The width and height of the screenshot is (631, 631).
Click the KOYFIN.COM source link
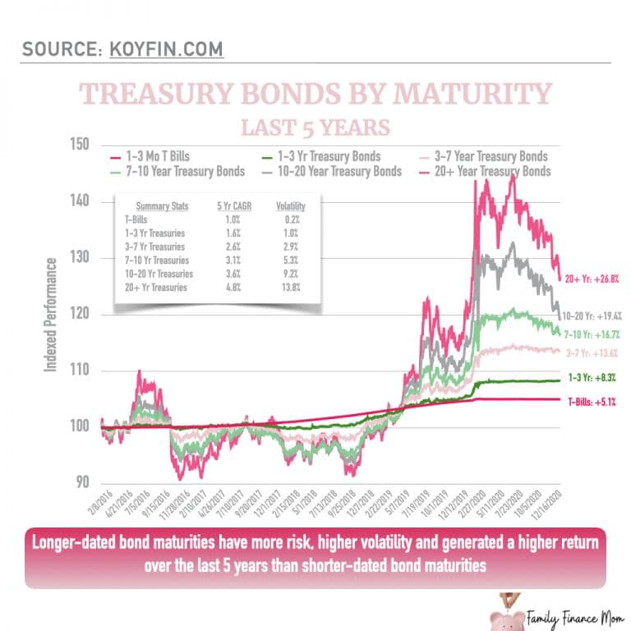pyautogui.click(x=165, y=48)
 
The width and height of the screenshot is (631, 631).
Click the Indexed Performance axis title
pyautogui.click(x=51, y=314)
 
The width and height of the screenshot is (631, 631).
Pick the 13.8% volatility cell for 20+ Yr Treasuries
pyautogui.click(x=289, y=288)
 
